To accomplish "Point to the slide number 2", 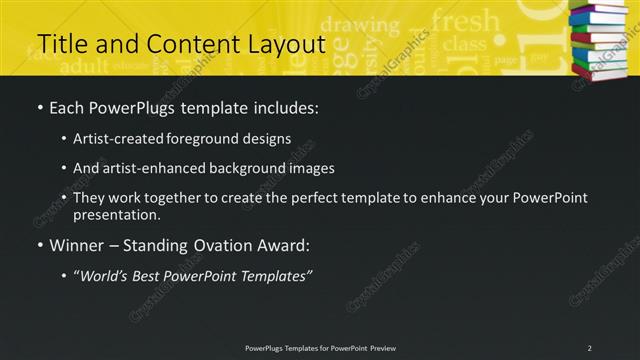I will click(589, 348).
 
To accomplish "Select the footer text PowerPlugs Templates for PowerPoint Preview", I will click(320, 348).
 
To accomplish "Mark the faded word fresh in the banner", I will click(465, 20).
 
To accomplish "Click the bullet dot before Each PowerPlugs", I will click(39, 107).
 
